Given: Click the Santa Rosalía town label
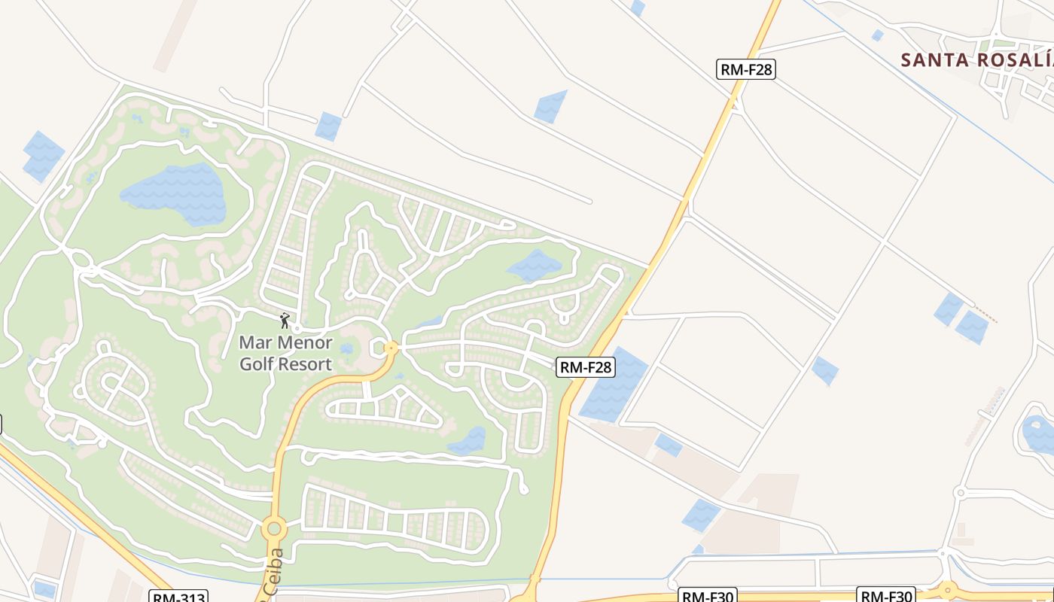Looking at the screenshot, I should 977,60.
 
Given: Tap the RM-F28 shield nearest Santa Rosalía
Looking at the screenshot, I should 745,70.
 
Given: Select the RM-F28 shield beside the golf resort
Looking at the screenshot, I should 586,367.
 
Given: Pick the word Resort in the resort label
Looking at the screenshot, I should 305,364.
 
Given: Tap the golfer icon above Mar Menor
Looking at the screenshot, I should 285,321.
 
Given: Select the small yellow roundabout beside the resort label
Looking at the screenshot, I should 391,348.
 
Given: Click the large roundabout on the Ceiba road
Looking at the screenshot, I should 273,528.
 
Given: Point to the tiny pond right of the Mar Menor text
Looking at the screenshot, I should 346,349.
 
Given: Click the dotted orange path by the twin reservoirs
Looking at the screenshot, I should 986,315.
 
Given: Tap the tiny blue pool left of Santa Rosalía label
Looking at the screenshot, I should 877,35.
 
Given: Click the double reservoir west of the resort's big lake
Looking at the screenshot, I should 42,157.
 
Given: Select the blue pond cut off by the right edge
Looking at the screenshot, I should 1039,433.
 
